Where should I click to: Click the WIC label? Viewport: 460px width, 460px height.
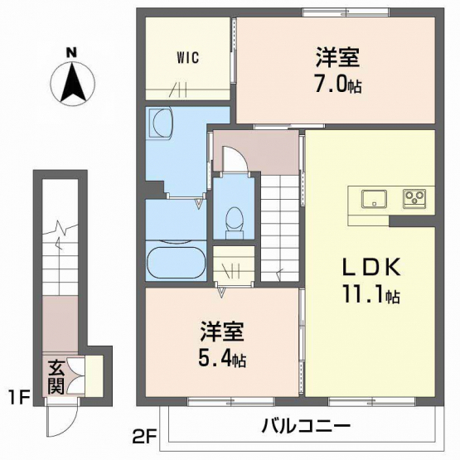pos(188,57)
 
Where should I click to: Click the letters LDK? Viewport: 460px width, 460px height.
pos(371,267)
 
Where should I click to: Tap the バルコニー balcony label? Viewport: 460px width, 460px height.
pos(306,426)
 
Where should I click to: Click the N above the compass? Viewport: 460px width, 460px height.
pos(71,52)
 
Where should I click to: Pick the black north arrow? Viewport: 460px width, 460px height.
pos(73,81)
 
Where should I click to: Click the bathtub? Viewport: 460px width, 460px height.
pos(177,263)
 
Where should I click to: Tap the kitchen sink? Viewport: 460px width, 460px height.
pos(374,199)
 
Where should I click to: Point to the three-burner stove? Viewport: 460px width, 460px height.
pos(414,199)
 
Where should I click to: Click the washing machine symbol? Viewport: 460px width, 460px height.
pos(160,123)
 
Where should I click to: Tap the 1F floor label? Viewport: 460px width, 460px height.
pos(19,399)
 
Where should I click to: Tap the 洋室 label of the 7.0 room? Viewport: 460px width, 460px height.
pos(337,58)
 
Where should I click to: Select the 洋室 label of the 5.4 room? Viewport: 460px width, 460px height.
pos(222,332)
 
